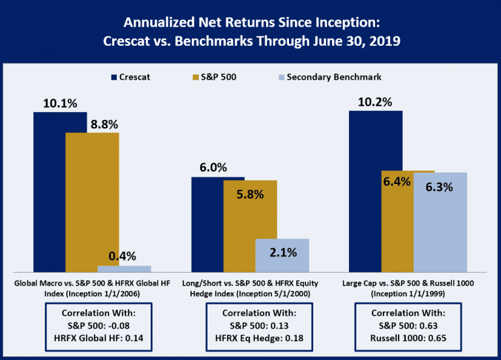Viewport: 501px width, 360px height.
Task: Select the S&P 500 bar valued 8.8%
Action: click(92, 202)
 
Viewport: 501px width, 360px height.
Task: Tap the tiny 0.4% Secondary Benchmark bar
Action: click(124, 268)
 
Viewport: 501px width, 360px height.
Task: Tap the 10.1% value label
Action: click(60, 102)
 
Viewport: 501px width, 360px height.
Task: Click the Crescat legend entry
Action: click(131, 77)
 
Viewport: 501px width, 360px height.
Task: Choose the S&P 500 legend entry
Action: click(213, 77)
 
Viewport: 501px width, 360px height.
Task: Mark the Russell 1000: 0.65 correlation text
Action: click(408, 338)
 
